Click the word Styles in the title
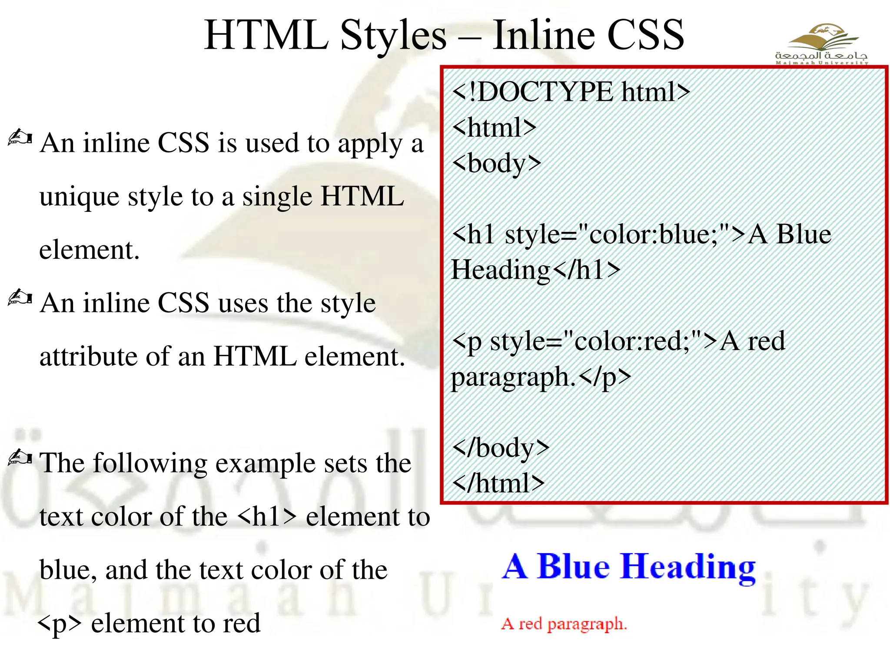393,36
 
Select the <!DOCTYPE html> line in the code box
571,92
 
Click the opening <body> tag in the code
496,164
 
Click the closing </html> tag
498,483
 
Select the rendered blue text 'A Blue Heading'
628,567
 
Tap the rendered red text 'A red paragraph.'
564,624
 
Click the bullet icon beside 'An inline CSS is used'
20,138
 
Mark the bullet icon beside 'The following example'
20,458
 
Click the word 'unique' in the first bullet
79,197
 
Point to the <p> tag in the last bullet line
60,624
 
